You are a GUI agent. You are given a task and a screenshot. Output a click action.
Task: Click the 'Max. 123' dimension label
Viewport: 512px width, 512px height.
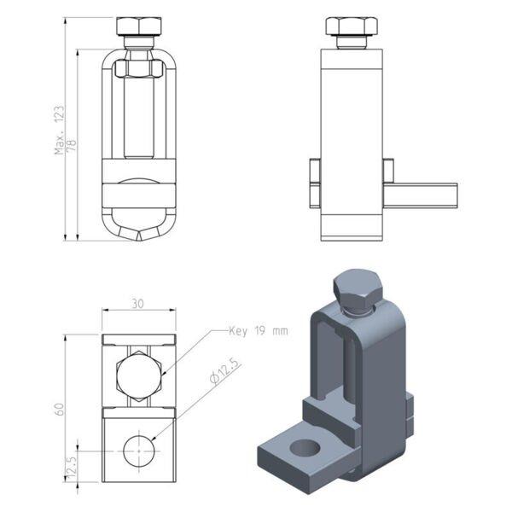tap(60, 130)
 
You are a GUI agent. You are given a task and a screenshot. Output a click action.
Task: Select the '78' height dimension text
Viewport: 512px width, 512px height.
tap(72, 145)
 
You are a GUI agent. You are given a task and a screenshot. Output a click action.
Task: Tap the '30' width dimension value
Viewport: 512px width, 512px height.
tap(137, 304)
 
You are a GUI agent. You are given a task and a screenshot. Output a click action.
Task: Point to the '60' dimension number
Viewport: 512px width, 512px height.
tap(60, 409)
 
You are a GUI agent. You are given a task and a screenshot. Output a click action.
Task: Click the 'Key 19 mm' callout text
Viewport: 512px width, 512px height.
tap(259, 331)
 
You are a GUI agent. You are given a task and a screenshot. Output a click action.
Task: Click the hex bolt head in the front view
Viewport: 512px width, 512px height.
tap(139, 26)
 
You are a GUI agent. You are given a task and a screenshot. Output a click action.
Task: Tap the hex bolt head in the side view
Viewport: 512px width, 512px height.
tap(352, 26)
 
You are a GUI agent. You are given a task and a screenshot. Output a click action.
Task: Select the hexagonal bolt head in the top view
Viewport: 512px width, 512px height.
tap(139, 375)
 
